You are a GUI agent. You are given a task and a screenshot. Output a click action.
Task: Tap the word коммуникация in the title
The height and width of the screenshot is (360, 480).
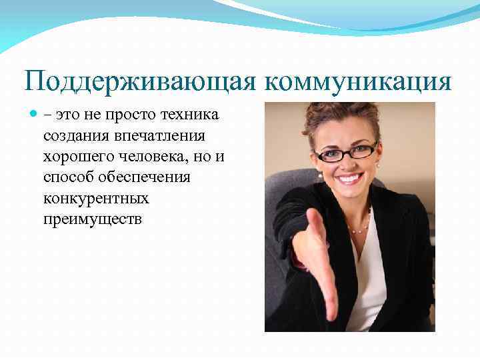(x=359, y=83)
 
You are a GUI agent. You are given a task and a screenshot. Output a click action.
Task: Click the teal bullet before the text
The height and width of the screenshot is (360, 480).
(x=35, y=115)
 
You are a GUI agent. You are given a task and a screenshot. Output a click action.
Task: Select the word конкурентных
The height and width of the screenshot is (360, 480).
(x=96, y=198)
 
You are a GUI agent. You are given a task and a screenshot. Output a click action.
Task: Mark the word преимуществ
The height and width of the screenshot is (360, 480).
(x=92, y=219)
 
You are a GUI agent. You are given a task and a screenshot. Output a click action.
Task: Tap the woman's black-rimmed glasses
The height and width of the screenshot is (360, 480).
(x=346, y=153)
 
